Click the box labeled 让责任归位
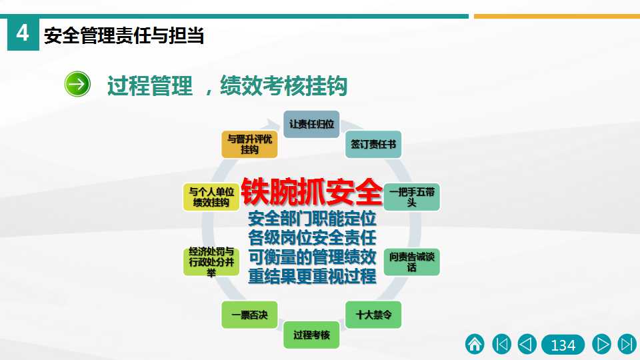[311, 124]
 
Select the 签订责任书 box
[373, 144]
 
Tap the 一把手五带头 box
[411, 197]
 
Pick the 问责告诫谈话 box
[411, 262]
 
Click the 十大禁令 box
[373, 315]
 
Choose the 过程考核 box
[311, 335]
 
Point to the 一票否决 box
[249, 315]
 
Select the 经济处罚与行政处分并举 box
[211, 262]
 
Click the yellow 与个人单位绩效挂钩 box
[211, 197]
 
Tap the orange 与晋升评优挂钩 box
[249, 144]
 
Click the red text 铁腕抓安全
[311, 191]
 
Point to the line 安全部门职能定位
[312, 219]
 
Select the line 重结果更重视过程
[312, 277]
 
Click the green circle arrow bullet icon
[77, 84]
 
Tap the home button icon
[475, 344]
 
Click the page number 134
[563, 345]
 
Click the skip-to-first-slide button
[501, 344]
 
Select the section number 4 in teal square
[23, 34]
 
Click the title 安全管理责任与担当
[124, 35]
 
